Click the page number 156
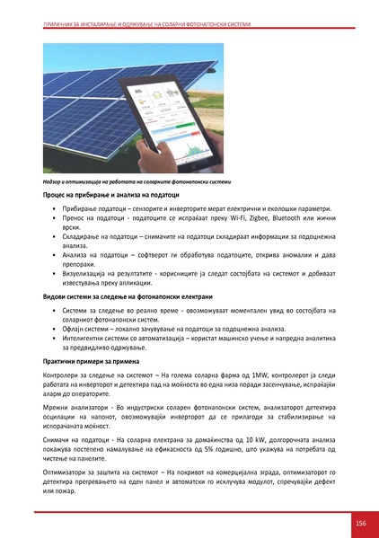359,524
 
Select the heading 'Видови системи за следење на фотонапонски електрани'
125,296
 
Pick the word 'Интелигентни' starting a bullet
87,340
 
